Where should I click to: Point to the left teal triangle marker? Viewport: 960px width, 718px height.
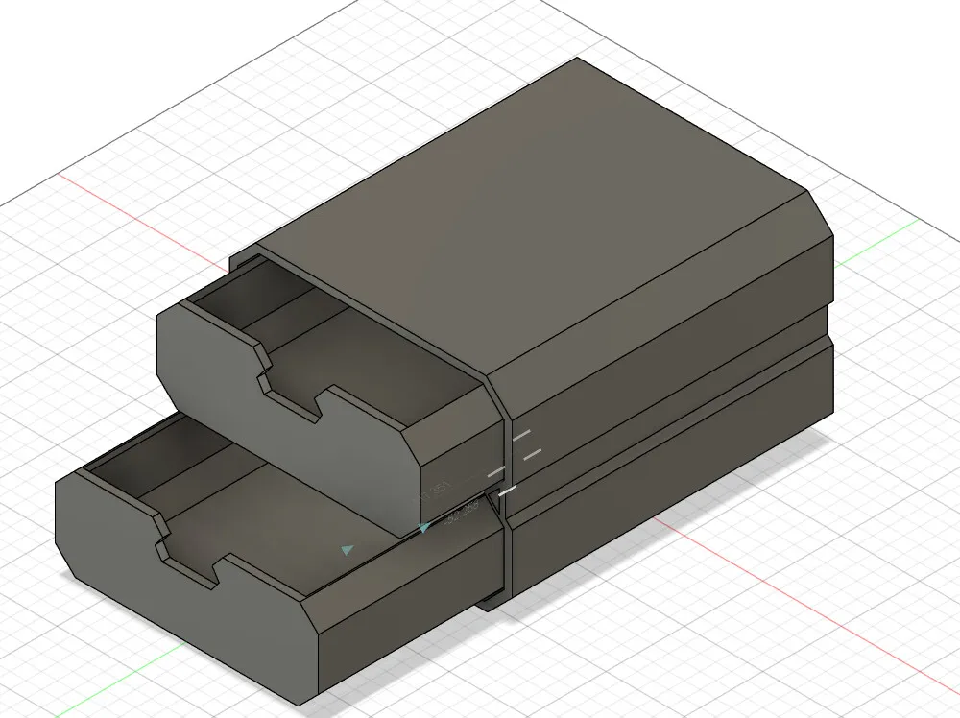coord(348,550)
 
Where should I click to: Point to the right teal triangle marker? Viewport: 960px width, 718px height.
coord(424,527)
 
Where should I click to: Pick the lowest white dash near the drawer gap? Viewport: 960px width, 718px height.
coord(508,491)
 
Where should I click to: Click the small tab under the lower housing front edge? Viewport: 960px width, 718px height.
coord(490,604)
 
